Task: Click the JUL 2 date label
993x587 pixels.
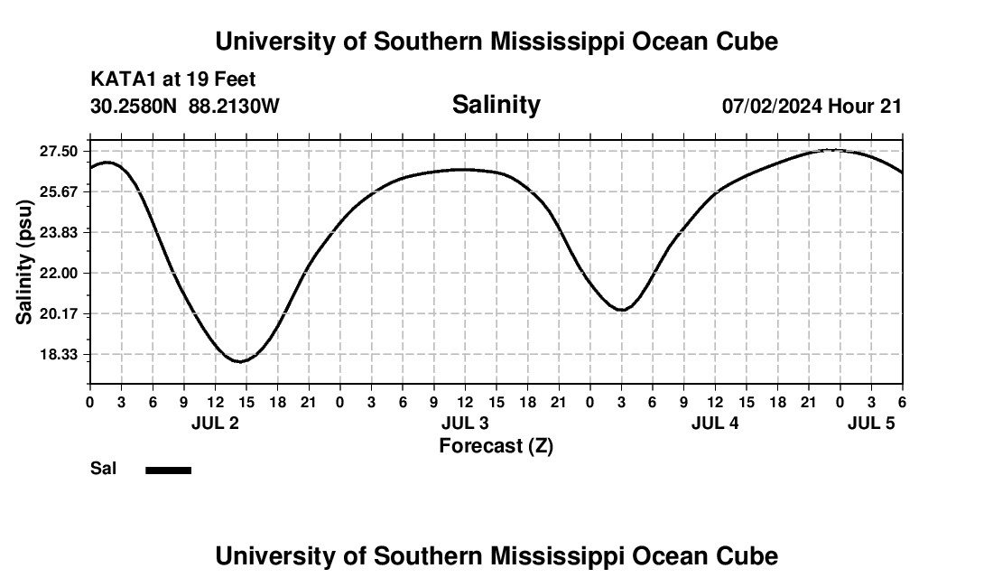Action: (x=215, y=424)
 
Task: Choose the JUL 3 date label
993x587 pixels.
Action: (x=465, y=424)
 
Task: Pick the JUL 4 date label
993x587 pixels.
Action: (x=715, y=424)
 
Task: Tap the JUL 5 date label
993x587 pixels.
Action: (x=871, y=424)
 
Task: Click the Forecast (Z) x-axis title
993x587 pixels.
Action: (x=496, y=445)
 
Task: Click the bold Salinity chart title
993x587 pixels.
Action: (x=496, y=105)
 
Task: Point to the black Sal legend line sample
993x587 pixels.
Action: (x=168, y=470)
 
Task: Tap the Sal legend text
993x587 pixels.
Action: (x=103, y=469)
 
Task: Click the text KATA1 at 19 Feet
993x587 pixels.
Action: (x=172, y=79)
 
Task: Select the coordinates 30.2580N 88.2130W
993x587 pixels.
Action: (x=185, y=106)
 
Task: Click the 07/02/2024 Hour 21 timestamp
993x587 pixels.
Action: (x=812, y=106)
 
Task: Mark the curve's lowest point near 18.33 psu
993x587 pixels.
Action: (x=240, y=361)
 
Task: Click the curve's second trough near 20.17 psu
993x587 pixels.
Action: (x=622, y=310)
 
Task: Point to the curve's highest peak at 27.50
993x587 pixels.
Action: (x=831, y=150)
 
